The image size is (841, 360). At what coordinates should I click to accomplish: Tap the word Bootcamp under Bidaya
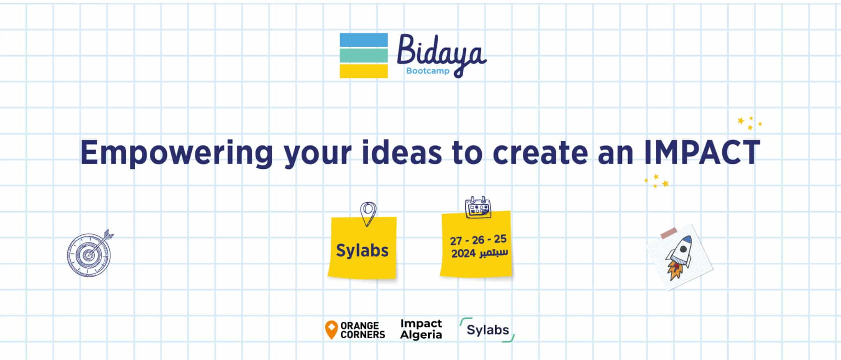tap(427, 71)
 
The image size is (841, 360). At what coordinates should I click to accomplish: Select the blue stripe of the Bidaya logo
tap(363, 40)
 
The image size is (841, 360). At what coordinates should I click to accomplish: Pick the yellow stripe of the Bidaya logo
tap(363, 71)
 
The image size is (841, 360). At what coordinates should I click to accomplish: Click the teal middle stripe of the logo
tap(363, 55)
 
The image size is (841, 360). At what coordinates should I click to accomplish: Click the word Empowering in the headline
tap(177, 153)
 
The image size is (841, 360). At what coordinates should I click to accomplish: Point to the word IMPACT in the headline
tap(702, 152)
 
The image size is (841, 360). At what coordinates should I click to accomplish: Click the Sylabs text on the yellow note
tap(362, 250)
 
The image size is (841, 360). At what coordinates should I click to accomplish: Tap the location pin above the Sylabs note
tap(368, 214)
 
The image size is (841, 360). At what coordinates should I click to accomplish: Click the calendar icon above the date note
tap(478, 207)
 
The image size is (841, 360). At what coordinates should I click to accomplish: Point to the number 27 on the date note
tap(456, 241)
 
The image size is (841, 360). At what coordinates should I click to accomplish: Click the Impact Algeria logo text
tap(421, 329)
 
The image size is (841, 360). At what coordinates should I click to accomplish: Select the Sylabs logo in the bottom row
tap(487, 330)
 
